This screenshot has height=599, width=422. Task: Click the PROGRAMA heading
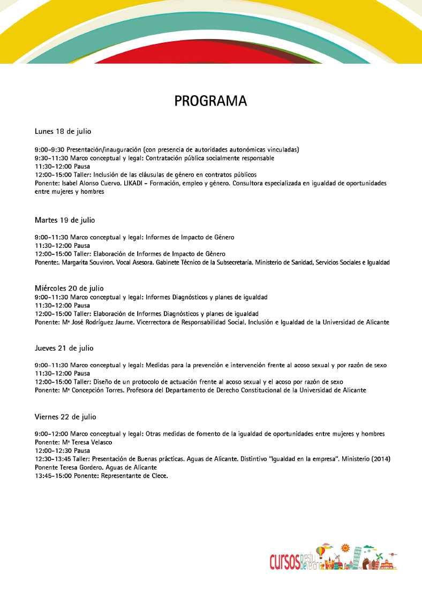(x=210, y=101)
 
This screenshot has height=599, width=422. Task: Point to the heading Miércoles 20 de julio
(x=69, y=289)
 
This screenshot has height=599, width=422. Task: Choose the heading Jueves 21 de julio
(x=64, y=348)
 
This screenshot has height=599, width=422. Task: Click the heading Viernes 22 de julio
(x=65, y=416)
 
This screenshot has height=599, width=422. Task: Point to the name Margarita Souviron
(x=87, y=262)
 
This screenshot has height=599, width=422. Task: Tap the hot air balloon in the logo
(x=321, y=551)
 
